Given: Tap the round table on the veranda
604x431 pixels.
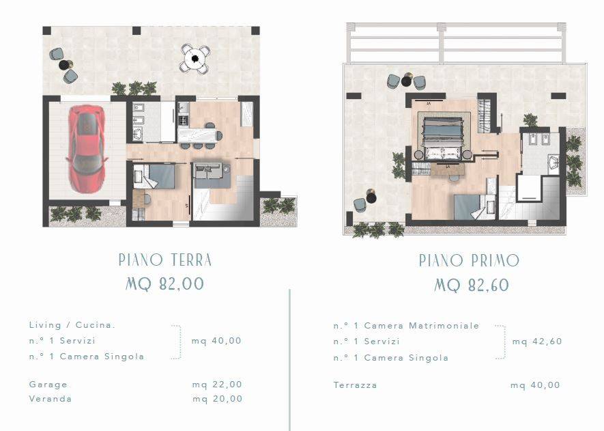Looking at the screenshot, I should pyautogui.click(x=195, y=59).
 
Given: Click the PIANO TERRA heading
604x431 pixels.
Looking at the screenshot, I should pyautogui.click(x=165, y=260).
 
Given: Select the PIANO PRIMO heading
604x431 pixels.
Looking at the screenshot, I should pyautogui.click(x=469, y=260).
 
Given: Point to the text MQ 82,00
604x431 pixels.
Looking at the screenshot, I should pyautogui.click(x=164, y=284).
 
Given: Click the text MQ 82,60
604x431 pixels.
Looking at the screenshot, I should pyautogui.click(x=472, y=285).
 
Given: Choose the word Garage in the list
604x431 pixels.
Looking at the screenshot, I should pyautogui.click(x=48, y=385).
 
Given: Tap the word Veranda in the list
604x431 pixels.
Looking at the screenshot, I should pyautogui.click(x=51, y=399).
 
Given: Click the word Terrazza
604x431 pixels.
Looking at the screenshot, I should pyautogui.click(x=355, y=385).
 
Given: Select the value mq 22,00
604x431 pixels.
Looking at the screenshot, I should pyautogui.click(x=217, y=385).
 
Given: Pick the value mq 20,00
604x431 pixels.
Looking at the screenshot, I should pyautogui.click(x=217, y=399).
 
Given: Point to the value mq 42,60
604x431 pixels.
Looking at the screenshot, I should pyautogui.click(x=537, y=342).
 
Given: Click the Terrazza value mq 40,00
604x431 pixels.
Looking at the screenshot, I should pyautogui.click(x=535, y=385).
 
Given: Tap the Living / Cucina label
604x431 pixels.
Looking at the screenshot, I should pyautogui.click(x=72, y=325).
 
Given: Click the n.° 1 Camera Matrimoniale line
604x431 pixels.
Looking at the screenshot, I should pyautogui.click(x=406, y=326).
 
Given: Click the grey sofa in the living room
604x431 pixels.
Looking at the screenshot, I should pyautogui.click(x=211, y=175).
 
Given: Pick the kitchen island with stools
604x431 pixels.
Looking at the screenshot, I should pyautogui.click(x=199, y=134).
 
